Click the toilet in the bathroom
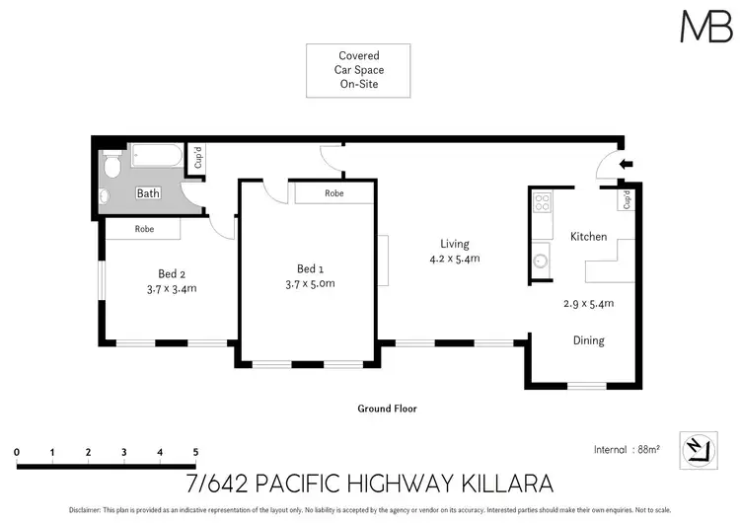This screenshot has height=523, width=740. pos(111,164)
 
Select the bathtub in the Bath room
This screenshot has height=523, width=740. pos(157,155)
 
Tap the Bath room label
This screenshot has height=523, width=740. pos(148,193)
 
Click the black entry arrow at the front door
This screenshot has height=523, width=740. pos(626,164)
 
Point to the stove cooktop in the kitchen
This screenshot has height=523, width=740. pos(543,202)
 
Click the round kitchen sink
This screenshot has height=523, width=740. pos(541,261)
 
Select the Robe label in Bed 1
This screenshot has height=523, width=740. pos(334,193)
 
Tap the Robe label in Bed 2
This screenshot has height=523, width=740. pos(144,229)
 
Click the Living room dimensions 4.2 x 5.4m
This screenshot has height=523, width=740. pos(455,259)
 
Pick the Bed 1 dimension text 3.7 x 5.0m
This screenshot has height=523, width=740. pos(310,283)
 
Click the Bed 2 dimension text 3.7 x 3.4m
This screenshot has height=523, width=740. pos(172,289)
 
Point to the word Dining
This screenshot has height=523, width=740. pos(588,340)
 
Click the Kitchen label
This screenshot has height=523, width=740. pos(588,237)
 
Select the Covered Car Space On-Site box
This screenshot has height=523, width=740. pos(358,71)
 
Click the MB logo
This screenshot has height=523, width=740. pos(706,27)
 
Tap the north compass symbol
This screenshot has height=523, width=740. pos(699,450)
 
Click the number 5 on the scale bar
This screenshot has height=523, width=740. pos(196,452)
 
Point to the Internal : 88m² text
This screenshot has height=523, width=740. pos(627,449)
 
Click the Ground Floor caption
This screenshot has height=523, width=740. pos(387,409)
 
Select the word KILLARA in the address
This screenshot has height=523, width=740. pos(506,484)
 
